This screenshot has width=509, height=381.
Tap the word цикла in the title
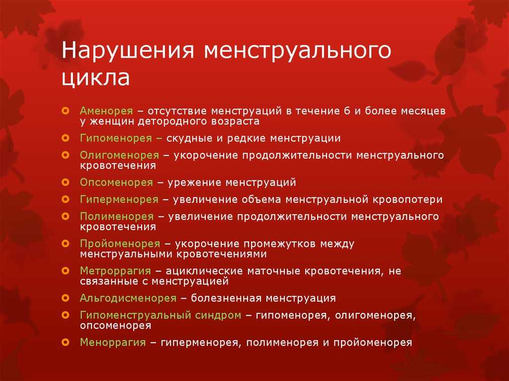96,78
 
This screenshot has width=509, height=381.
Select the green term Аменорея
106,111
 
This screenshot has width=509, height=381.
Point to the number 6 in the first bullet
346,111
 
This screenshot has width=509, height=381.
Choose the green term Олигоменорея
119,155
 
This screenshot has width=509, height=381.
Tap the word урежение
194,182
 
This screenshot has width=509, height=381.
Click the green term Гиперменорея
119,199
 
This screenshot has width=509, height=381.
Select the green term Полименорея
117,216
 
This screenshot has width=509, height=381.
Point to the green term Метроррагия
115,271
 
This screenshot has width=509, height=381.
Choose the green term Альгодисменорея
128,298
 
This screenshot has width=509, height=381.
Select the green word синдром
218,315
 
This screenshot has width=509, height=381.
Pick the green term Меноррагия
113,342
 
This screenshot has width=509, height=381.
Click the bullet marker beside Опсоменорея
66,182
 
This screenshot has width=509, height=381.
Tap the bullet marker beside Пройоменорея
66,243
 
